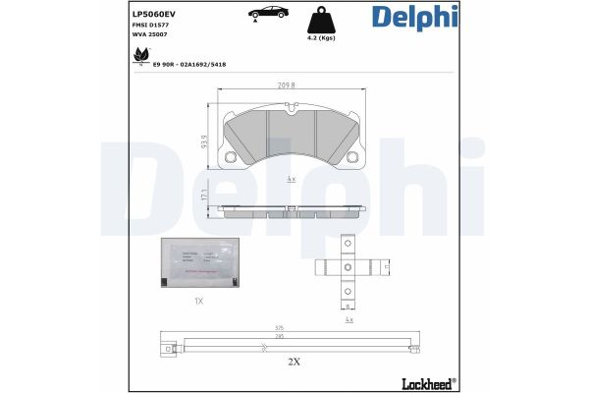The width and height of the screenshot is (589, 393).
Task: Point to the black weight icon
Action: pos(322,20)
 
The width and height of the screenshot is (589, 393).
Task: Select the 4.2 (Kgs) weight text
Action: pos(322,38)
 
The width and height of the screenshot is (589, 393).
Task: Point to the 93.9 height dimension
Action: pos(202,142)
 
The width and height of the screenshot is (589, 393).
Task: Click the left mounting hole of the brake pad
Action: pos(231,158)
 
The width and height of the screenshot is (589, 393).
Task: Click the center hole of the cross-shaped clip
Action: pos(347,266)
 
